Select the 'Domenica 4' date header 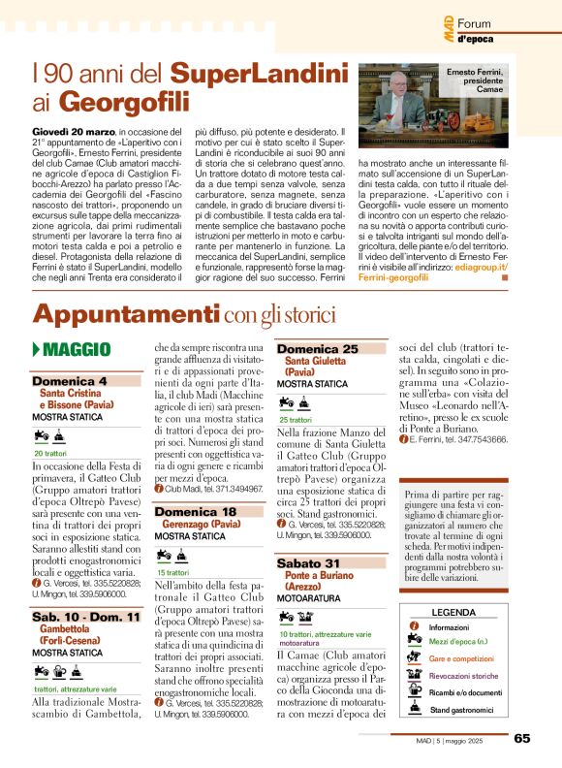70,381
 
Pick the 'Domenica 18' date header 196,511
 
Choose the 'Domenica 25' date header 318,348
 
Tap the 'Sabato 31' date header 308,562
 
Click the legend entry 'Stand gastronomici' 461,710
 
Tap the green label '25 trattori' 296,419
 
